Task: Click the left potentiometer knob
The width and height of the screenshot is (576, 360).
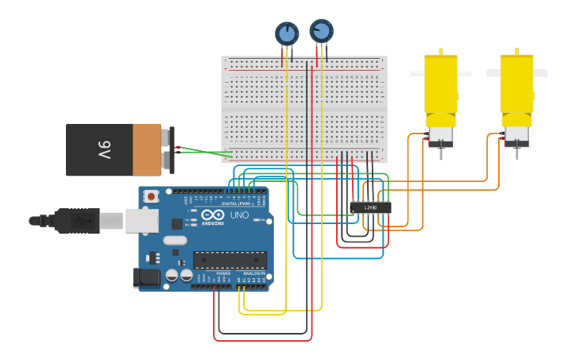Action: [287, 33]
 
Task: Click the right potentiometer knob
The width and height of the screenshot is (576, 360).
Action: [321, 31]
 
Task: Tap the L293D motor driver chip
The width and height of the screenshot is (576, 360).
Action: [370, 207]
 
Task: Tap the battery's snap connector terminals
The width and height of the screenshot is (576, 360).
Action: [168, 149]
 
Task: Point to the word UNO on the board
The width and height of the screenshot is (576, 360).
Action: [239, 215]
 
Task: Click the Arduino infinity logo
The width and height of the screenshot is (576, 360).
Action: [213, 215]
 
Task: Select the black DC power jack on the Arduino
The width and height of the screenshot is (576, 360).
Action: [148, 277]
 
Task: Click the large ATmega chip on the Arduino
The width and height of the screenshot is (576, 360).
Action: [230, 259]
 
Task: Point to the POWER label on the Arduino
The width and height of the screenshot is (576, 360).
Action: [223, 273]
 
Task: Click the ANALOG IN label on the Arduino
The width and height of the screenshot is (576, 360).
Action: [254, 273]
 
